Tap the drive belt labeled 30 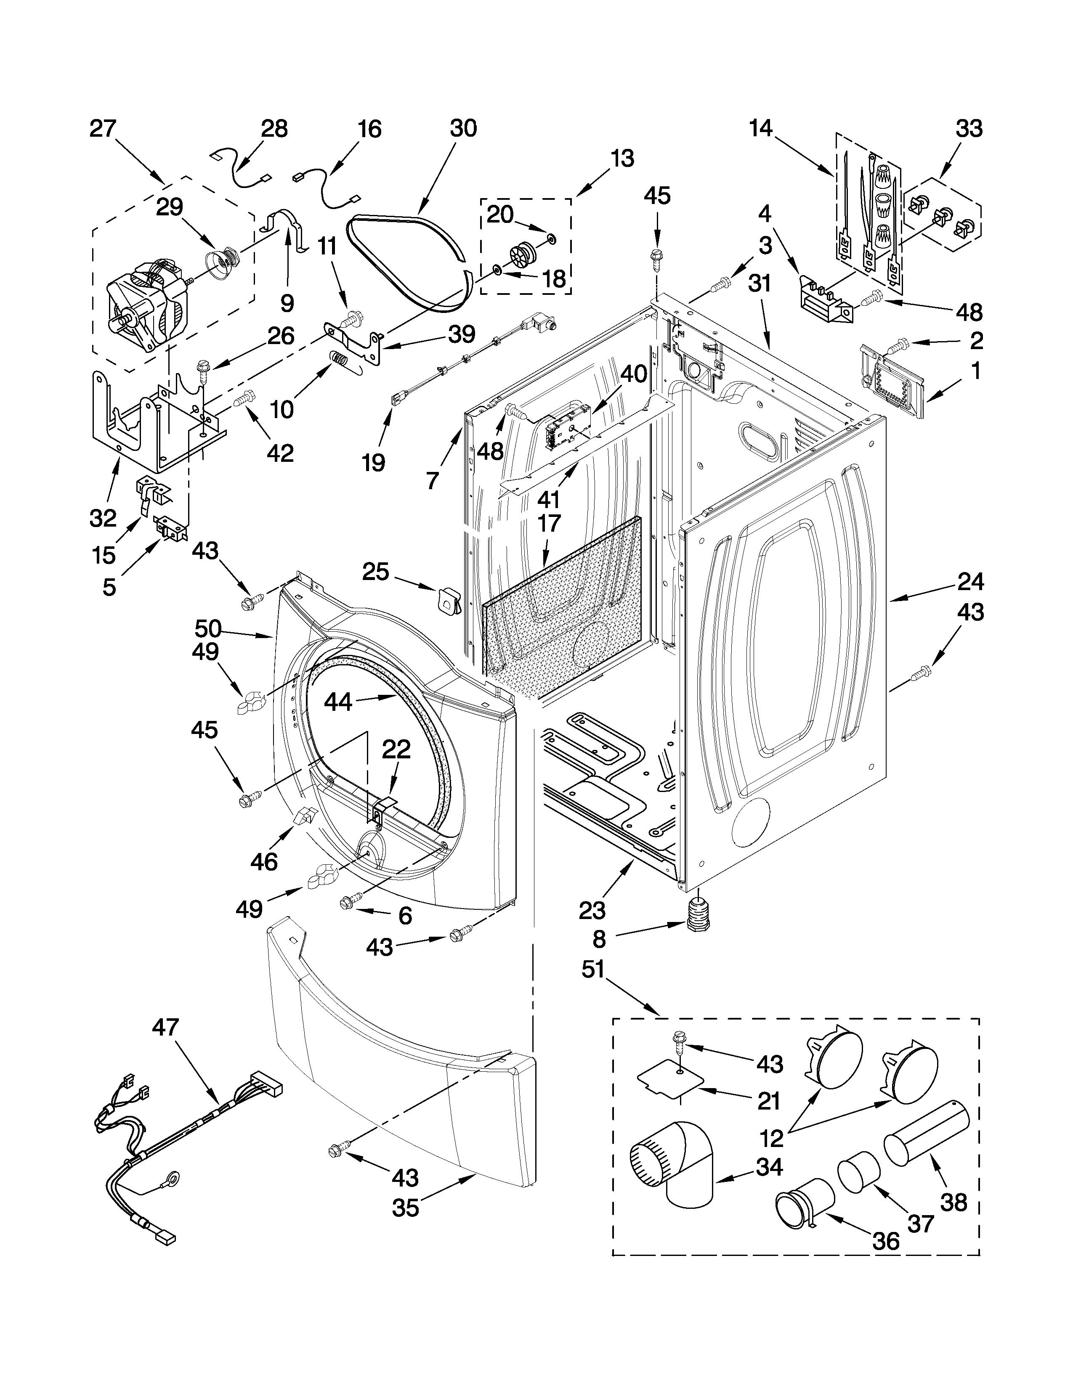point(407,251)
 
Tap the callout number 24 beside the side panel point(970,582)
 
